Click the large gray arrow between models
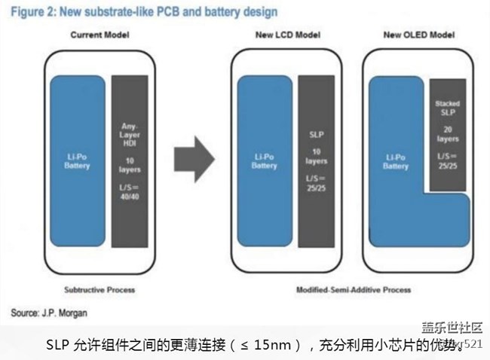[x=194, y=158]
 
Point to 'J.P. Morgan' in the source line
[x=64, y=311]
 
